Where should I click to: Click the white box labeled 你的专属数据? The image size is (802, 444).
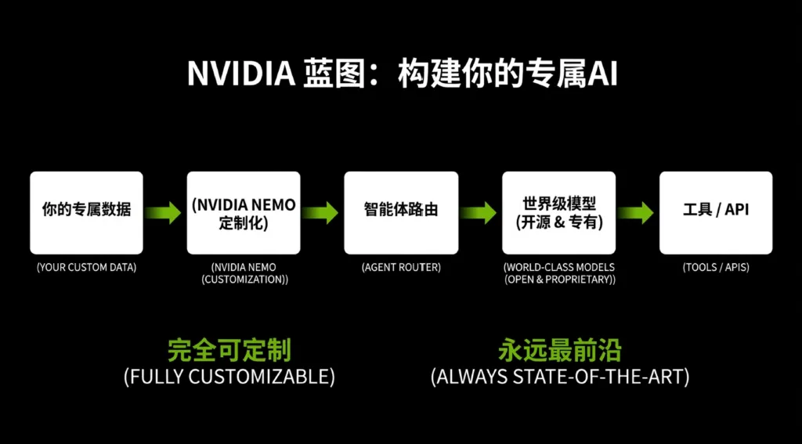(x=86, y=212)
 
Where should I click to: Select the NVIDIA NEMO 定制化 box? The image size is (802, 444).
(x=244, y=212)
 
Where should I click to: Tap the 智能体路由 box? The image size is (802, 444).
(x=401, y=212)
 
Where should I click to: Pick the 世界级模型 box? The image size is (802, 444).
(x=558, y=212)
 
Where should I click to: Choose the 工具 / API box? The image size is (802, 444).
(x=716, y=212)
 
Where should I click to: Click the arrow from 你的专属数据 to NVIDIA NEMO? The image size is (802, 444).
(x=164, y=212)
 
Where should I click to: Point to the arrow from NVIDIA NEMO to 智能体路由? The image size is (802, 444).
(x=322, y=212)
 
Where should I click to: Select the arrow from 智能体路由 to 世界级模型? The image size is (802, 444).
(x=479, y=212)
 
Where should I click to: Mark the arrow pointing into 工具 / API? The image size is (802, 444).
(x=637, y=212)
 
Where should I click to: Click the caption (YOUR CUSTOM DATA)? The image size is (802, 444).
(x=86, y=268)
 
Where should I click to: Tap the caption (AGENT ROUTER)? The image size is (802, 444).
(x=401, y=268)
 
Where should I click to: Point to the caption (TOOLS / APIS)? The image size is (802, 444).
(x=716, y=268)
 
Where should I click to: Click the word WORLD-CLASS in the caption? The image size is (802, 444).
(x=542, y=268)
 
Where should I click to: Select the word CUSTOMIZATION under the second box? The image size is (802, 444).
(x=243, y=280)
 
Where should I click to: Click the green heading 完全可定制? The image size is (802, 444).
(x=229, y=350)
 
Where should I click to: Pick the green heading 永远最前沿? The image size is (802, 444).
(x=559, y=350)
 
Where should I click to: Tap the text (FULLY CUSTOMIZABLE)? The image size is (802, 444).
(x=229, y=377)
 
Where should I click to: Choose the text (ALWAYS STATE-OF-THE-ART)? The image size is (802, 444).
(x=559, y=377)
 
